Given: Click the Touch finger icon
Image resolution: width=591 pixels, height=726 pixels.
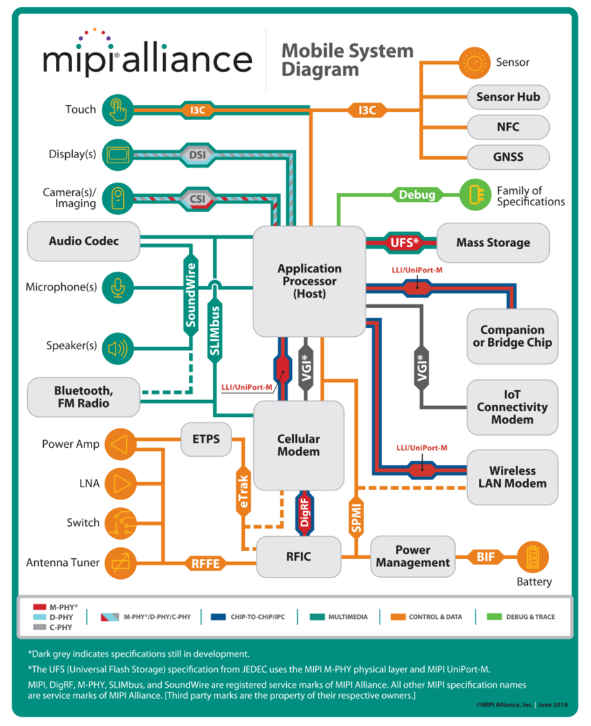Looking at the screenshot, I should coord(117,109).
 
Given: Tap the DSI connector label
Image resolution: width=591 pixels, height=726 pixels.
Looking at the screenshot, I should coord(197,155).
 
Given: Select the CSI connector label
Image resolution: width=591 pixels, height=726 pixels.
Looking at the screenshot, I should coord(197,199).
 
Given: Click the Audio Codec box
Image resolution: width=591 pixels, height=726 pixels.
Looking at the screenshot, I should coord(83,241).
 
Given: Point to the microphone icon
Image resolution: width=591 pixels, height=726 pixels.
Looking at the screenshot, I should coord(117,287).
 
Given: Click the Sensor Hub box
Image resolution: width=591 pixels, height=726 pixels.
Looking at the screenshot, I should coord(508,97).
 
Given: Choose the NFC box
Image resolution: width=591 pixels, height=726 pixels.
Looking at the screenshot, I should coord(508,127).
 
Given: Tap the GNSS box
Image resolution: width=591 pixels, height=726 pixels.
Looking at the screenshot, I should coord(508,157).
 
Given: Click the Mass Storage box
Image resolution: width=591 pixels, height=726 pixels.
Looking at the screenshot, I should coord(493,243).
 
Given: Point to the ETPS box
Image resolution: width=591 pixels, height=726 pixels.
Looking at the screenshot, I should coord(206,439).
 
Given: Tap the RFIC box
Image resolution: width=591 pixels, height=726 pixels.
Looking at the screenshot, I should coord(298,556).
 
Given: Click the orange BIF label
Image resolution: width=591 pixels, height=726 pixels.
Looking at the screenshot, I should coord(486,556).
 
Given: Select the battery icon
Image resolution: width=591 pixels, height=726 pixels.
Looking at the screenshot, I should coord(533,556).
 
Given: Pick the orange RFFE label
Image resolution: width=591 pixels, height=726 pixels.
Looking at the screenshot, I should coord(206,563).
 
